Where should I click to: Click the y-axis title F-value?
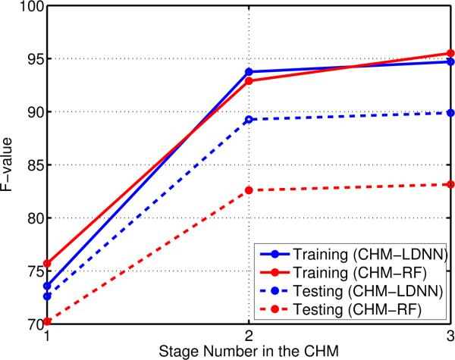[9, 165]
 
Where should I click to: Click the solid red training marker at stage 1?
[48, 264]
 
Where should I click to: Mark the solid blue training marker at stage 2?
[249, 72]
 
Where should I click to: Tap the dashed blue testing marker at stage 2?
[249, 120]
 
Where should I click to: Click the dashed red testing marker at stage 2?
[249, 190]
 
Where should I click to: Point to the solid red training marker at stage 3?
[450, 54]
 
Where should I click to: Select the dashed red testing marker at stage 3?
[450, 184]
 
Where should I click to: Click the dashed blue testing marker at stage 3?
[450, 113]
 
